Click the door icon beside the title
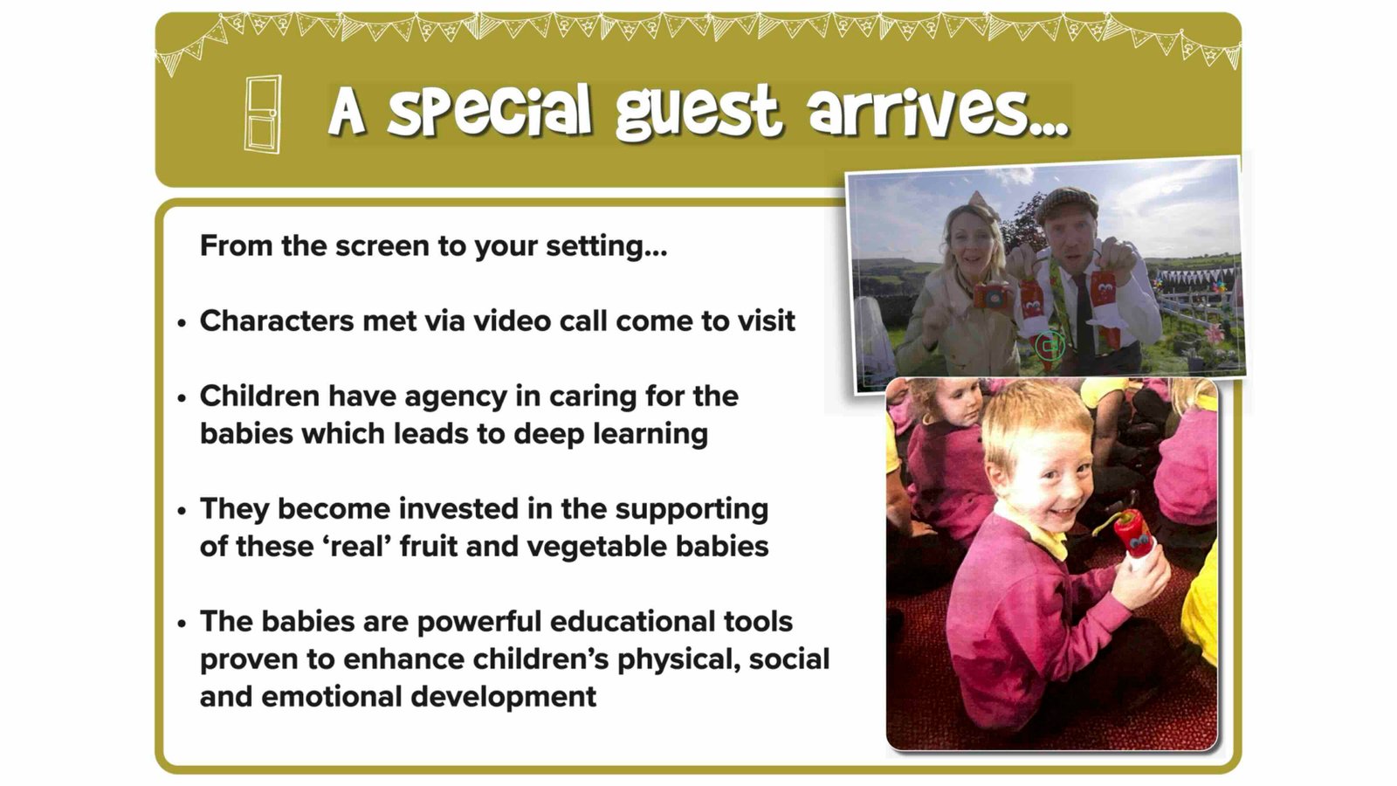coord(262,114)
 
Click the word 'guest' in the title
coord(698,113)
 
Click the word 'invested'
coord(458,508)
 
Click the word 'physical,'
coord(679,660)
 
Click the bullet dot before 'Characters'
coord(182,323)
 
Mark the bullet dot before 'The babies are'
coord(182,624)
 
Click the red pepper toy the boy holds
coord(1130,535)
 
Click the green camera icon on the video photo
coord(1049,345)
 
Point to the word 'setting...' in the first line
coord(606,246)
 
